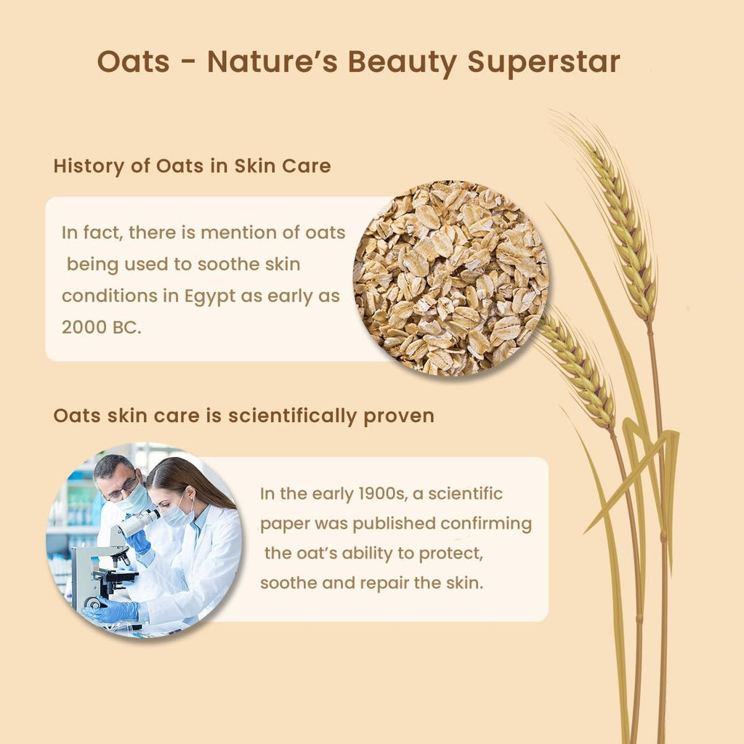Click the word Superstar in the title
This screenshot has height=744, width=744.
point(543,62)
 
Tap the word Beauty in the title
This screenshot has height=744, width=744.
point(403,62)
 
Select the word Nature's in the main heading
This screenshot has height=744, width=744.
point(272,62)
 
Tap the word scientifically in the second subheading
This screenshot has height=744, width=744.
point(292,416)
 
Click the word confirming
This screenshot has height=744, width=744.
point(486,524)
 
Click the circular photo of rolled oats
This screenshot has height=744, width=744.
point(450,278)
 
